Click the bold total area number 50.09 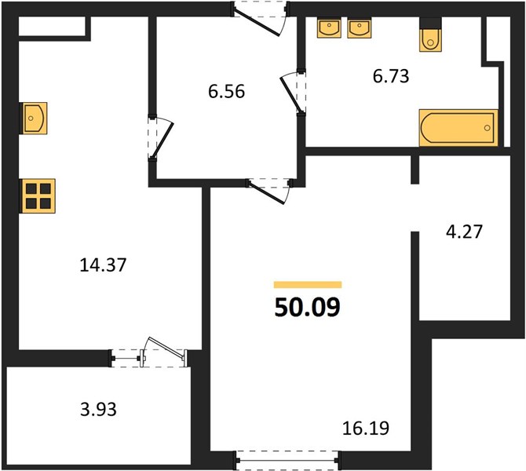(x=307, y=308)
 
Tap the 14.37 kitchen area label (x=103, y=265)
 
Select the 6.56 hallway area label (x=226, y=92)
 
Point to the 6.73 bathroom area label (x=391, y=76)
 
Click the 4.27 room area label (x=464, y=232)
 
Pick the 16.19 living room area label (x=366, y=429)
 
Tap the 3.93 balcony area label (x=98, y=410)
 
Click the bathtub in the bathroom (x=458, y=128)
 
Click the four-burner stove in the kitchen (x=38, y=196)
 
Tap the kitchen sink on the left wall (x=35, y=118)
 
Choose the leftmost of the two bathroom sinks (x=329, y=28)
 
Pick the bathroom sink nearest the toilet (x=360, y=29)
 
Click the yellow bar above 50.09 (x=308, y=285)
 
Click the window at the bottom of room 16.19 (x=287, y=461)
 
